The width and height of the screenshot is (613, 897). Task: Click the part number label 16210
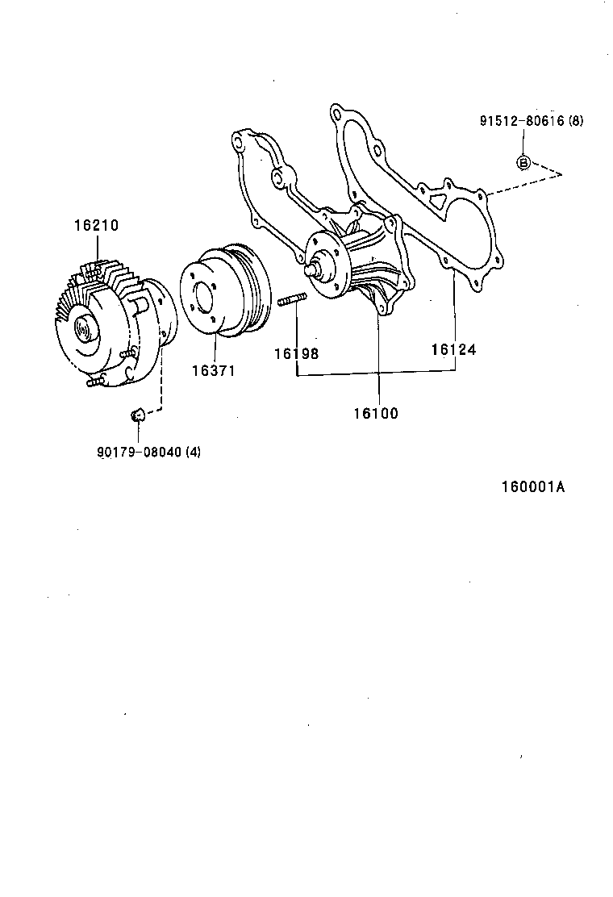point(96,226)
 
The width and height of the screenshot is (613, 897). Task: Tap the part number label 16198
point(296,353)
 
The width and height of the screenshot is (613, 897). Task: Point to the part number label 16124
point(453,349)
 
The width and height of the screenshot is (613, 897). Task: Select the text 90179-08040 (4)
point(148,452)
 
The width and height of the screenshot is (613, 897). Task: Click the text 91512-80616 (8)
point(531,122)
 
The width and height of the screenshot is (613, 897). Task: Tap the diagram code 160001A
point(532,487)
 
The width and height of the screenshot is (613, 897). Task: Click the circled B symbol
point(523,163)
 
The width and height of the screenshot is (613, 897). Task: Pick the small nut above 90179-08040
point(137,415)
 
